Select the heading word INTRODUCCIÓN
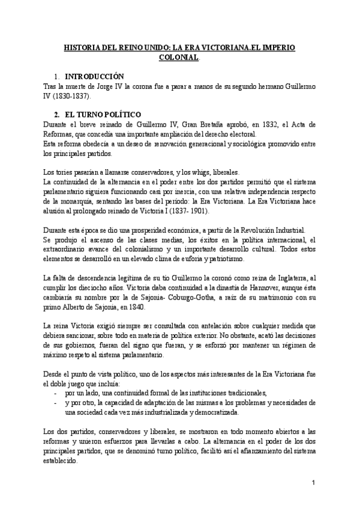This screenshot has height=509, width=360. pyautogui.click(x=94, y=77)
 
